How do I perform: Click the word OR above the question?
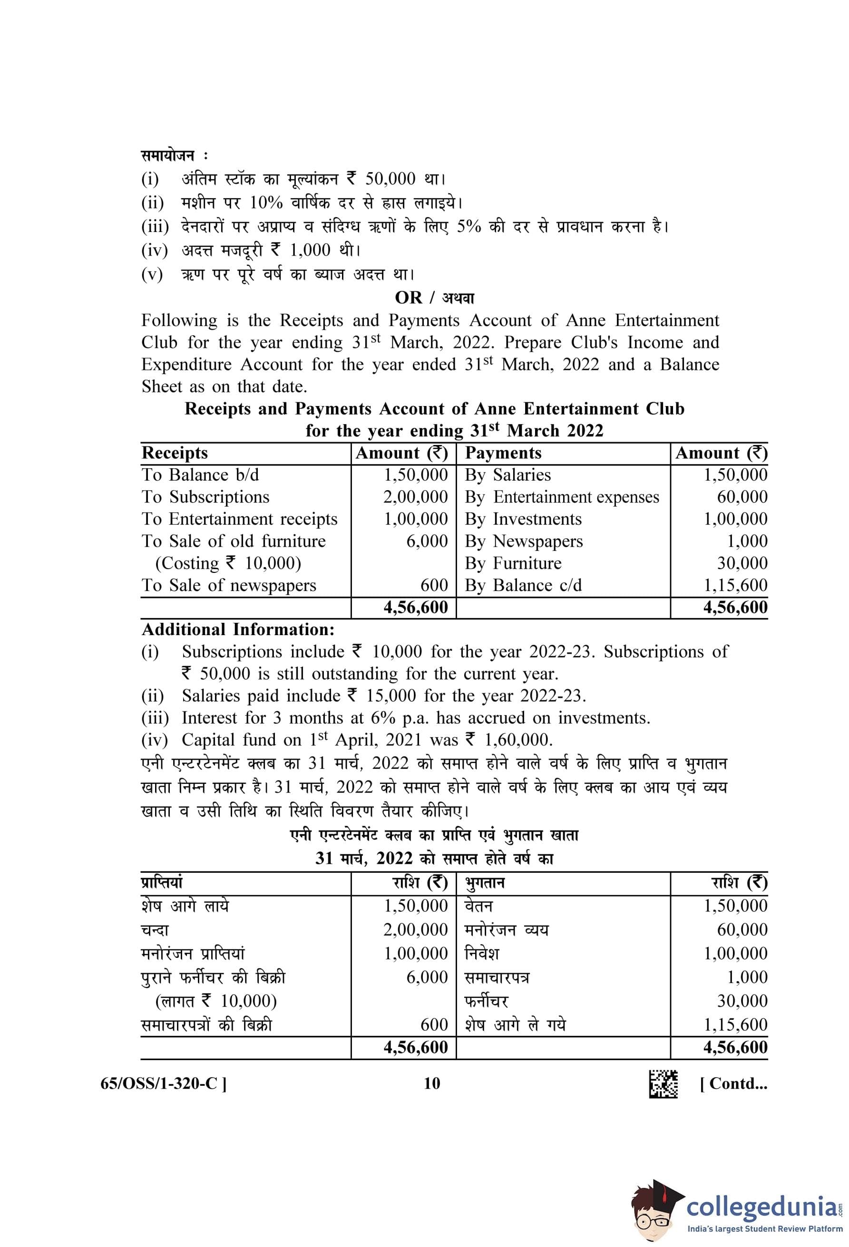pyautogui.click(x=408, y=297)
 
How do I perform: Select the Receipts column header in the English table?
pyautogui.click(x=175, y=453)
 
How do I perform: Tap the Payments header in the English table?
pyautogui.click(x=503, y=453)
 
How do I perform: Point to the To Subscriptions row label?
pyautogui.click(x=205, y=497)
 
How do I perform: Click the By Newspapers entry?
pyautogui.click(x=523, y=541)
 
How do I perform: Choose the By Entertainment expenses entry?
pyautogui.click(x=561, y=497)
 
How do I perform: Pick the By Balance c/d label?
pyautogui.click(x=523, y=585)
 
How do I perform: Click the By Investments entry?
pyautogui.click(x=523, y=519)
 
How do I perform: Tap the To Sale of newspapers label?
pyautogui.click(x=229, y=585)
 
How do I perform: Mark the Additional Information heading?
pyautogui.click(x=238, y=629)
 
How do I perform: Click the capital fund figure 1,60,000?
pyautogui.click(x=518, y=740)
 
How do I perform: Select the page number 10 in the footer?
pyautogui.click(x=431, y=1083)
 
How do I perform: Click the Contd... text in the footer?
pyautogui.click(x=733, y=1083)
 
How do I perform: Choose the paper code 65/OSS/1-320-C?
pyautogui.click(x=163, y=1083)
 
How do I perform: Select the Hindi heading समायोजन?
pyautogui.click(x=167, y=155)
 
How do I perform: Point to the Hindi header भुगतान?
pyautogui.click(x=485, y=883)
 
